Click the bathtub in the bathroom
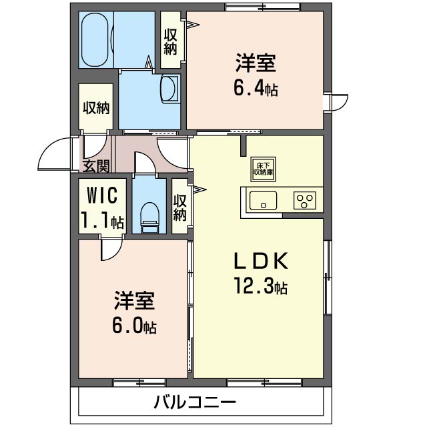96,40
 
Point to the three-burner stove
306,200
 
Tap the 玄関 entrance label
95,165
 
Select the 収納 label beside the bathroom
170,41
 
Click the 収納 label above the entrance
96,107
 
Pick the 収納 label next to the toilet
179,207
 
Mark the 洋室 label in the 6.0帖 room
133,302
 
